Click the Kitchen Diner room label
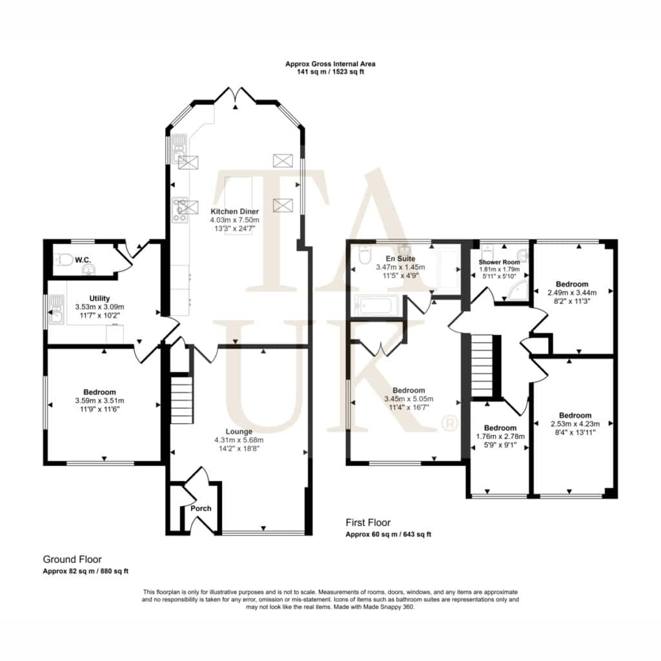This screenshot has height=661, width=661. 235,211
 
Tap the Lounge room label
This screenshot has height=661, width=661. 239,431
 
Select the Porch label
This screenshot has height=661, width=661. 201,509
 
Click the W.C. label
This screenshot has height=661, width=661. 83,260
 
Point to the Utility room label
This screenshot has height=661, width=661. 99,298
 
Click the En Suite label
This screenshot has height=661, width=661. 400,258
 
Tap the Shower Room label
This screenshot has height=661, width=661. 499,262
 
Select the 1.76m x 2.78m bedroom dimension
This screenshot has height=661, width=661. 500,436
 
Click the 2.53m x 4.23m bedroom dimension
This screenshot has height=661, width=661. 575,423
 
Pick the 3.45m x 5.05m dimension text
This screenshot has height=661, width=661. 409,399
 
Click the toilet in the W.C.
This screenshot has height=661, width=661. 64,259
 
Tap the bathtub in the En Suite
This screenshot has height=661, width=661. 376,304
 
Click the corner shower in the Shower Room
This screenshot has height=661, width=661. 518,290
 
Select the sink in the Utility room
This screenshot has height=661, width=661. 56,309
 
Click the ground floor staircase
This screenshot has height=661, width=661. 181,400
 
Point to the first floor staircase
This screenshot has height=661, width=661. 482,365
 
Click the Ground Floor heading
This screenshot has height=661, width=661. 72,560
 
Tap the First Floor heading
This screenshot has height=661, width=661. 368,523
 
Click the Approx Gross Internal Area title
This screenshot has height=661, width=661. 330,64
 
